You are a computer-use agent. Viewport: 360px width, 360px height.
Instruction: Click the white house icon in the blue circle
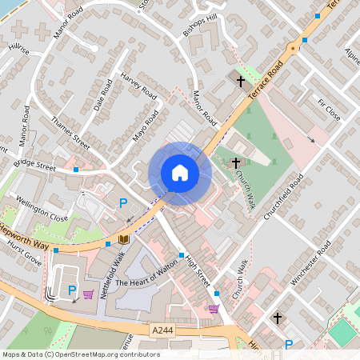tap(179, 173)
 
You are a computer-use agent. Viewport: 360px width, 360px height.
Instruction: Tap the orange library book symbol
tap(123, 238)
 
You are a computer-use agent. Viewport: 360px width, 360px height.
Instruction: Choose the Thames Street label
tap(70, 131)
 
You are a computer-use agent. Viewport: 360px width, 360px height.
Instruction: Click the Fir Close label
tap(329, 109)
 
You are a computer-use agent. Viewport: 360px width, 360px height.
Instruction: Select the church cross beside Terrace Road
tap(240, 81)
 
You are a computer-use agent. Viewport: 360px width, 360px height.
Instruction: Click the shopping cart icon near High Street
tap(214, 308)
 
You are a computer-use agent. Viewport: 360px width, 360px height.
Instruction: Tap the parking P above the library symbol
tap(123, 203)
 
